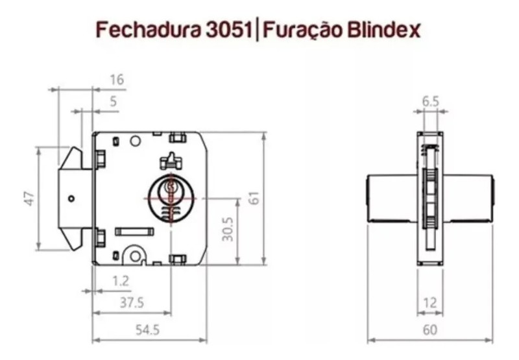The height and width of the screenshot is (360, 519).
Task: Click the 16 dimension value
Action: tap(117, 80)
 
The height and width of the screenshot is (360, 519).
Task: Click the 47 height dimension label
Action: tap(29, 197)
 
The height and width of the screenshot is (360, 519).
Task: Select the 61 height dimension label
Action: tap(254, 198)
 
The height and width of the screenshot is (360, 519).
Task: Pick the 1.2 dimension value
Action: tap(120, 281)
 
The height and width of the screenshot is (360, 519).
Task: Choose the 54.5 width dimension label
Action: tap(149, 330)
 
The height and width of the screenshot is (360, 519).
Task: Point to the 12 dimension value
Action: tap(429, 303)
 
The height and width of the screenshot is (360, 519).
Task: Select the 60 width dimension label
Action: tap(429, 330)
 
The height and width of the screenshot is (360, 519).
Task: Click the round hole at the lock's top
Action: tap(135, 141)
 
